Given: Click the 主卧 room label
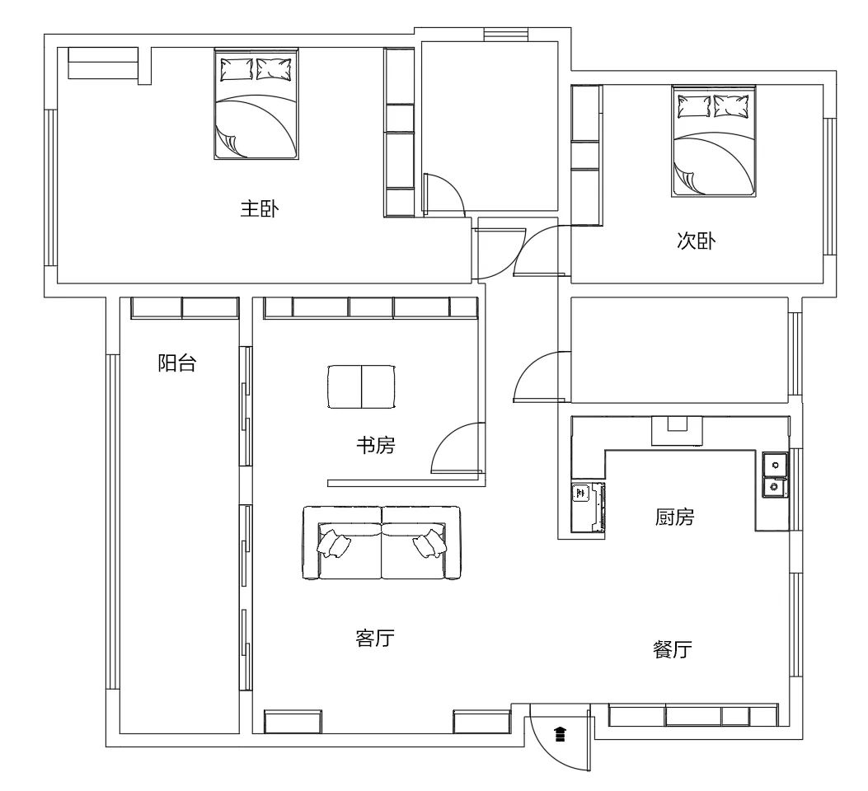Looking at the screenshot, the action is point(259,209).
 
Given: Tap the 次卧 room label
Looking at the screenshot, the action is point(696,241).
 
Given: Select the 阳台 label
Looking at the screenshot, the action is point(176,363).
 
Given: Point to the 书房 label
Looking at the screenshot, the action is point(375,445).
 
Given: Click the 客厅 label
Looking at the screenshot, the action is point(375,639).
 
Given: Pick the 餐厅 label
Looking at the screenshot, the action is point(673,648).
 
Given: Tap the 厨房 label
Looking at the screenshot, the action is point(674,517).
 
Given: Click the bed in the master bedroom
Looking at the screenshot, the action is point(256,104).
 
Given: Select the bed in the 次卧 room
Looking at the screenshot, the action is point(714,141).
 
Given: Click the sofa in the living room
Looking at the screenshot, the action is point(382,543).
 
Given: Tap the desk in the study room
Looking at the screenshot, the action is point(362,386).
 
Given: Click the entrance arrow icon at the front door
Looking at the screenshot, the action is point(561,734).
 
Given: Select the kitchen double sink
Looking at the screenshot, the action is point(775,475).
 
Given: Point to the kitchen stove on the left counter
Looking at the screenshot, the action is point(588,508).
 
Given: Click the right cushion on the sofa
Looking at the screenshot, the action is point(430,544).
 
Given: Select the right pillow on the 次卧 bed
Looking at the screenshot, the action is point(730,105).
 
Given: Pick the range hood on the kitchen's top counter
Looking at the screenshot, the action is point(677,430).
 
